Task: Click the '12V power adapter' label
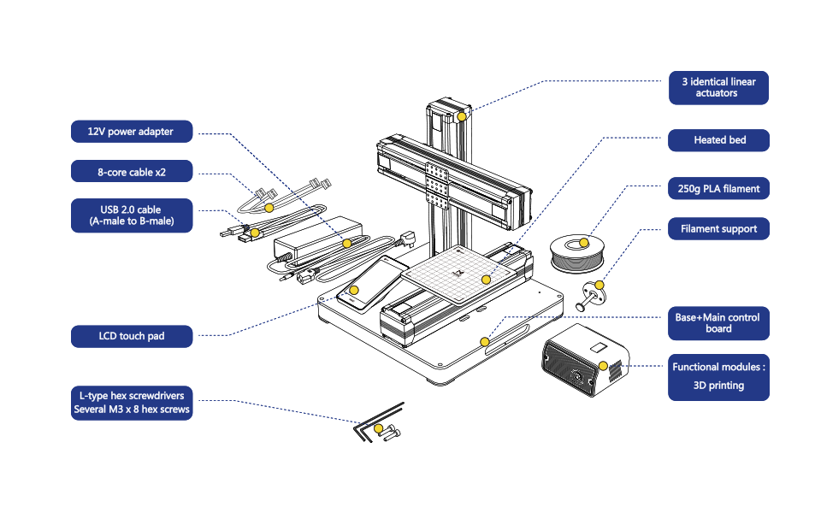click(132, 132)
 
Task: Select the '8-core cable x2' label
click(132, 171)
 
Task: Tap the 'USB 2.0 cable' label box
click(132, 215)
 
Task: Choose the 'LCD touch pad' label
click(132, 336)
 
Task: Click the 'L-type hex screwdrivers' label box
click(132, 403)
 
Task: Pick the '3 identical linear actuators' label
click(718, 87)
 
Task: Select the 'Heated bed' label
click(718, 139)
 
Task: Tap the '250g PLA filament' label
click(718, 188)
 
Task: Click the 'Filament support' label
click(718, 229)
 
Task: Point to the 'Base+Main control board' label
click(718, 323)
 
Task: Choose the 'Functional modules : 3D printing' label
click(718, 377)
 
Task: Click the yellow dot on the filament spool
click(584, 243)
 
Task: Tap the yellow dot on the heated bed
click(486, 280)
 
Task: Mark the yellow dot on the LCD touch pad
click(354, 290)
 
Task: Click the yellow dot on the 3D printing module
click(603, 366)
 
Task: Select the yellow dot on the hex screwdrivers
click(378, 428)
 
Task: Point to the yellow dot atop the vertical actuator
click(462, 116)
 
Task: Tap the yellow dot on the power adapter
click(346, 244)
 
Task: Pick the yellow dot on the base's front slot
click(485, 342)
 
